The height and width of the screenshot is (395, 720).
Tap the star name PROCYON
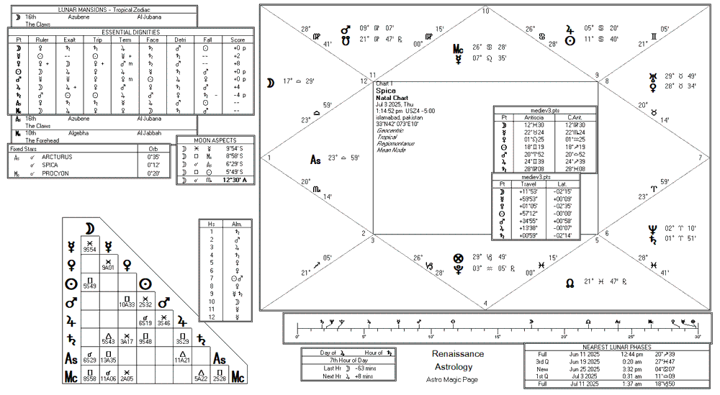point(55,173)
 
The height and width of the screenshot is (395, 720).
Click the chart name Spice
point(386,91)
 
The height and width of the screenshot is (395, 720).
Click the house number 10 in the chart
point(485,11)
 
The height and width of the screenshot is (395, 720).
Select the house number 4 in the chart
point(485,303)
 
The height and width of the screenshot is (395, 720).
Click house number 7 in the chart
point(700,158)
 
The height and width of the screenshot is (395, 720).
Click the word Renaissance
point(458,354)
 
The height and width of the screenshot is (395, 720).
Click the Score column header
point(238,40)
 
